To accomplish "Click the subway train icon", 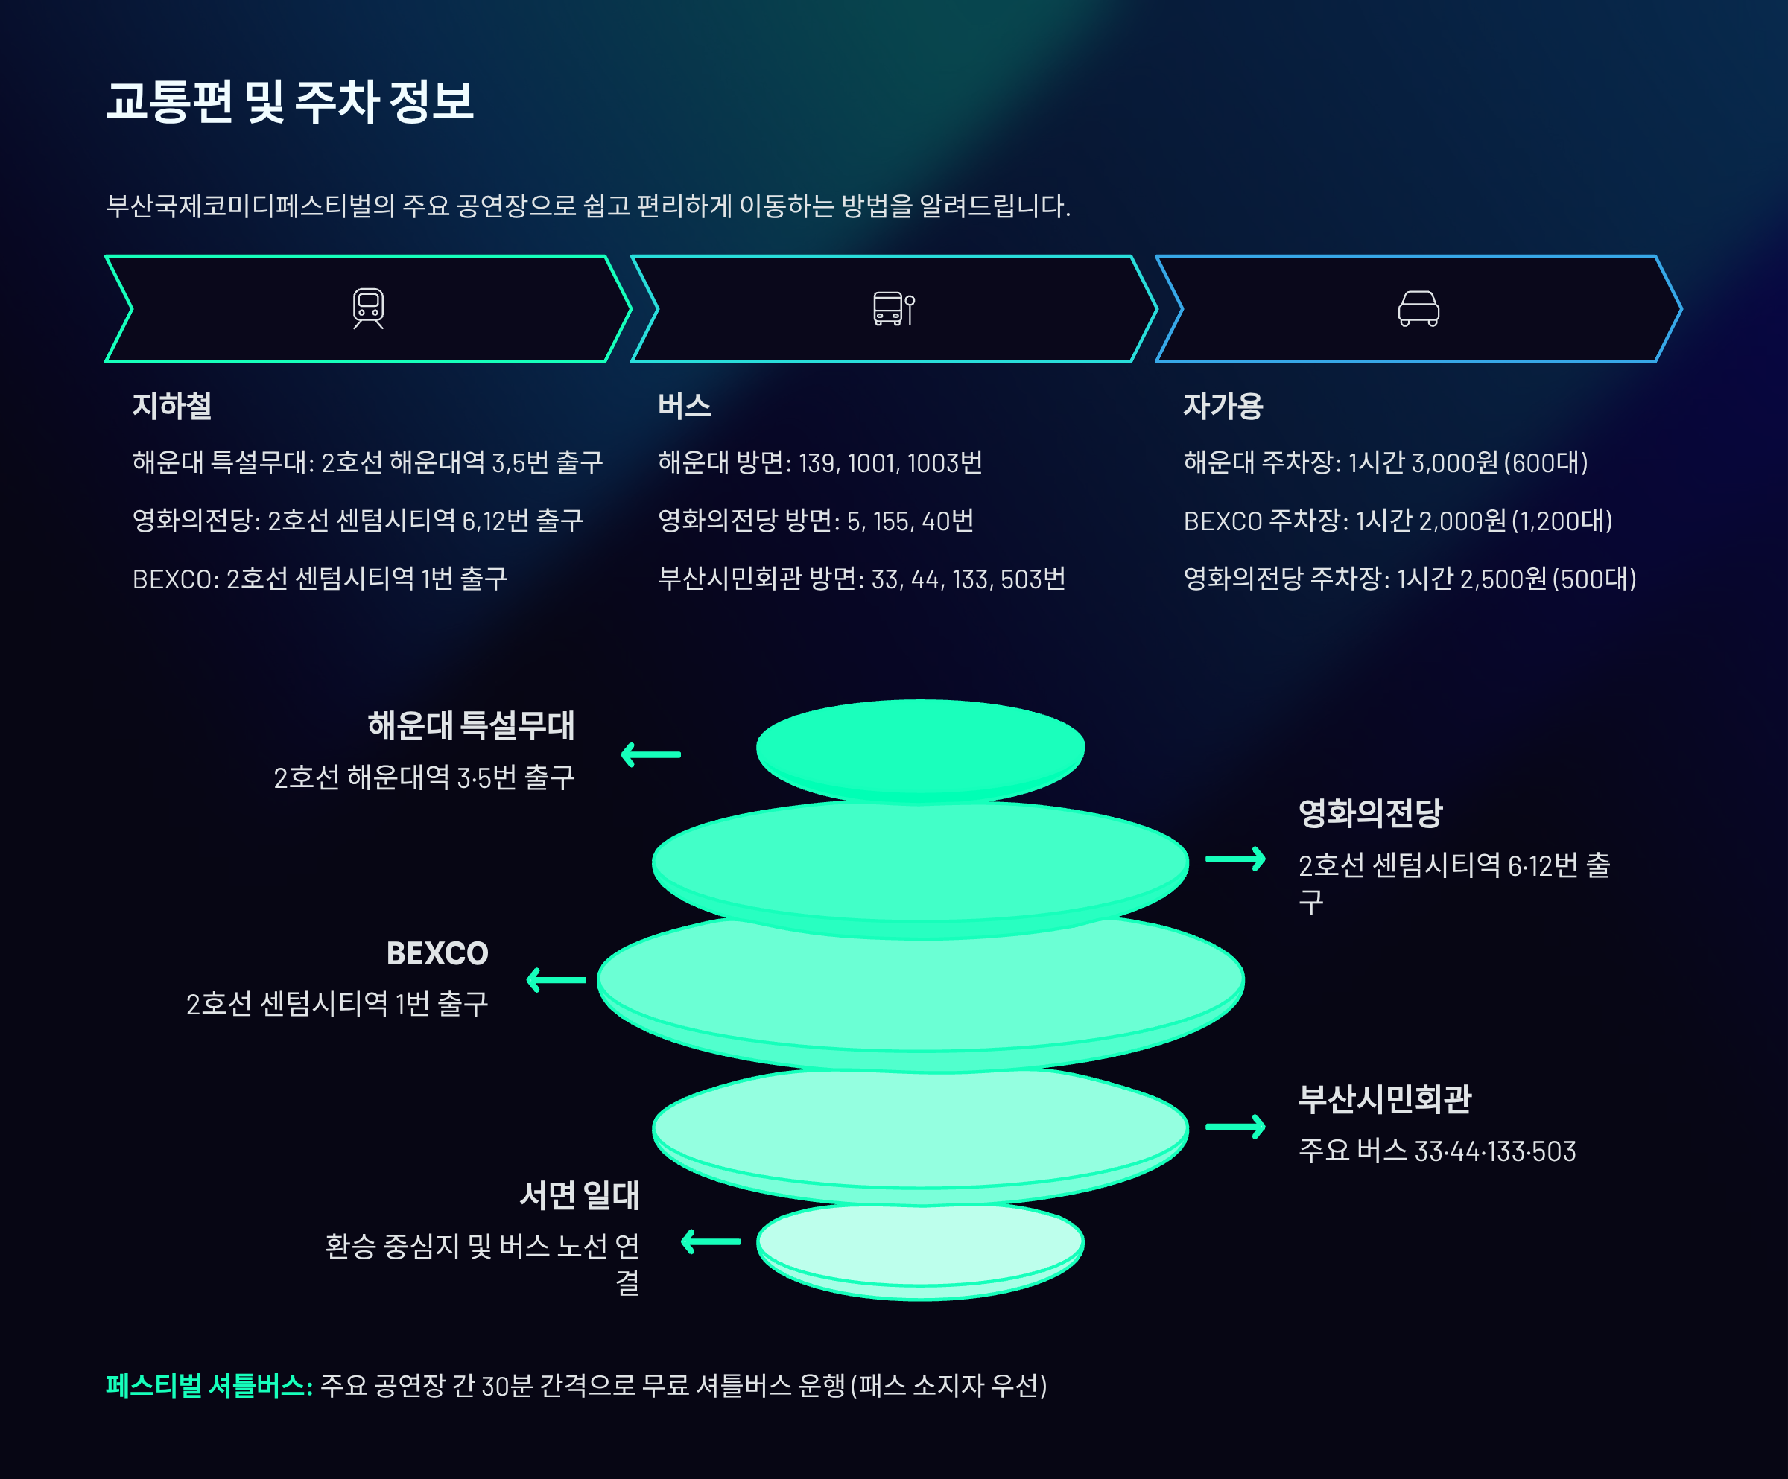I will coord(369,308).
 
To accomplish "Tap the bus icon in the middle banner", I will coord(894,309).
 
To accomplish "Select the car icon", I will coord(1418,309).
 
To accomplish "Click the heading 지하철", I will coord(172,406).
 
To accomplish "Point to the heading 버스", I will coord(684,406).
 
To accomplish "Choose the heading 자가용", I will coord(1223,406).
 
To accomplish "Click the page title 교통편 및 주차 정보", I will coord(290,102).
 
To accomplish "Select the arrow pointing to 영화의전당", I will coord(1235,859).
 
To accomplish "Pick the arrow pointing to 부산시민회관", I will coord(1235,1127).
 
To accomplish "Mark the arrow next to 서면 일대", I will coord(711,1242).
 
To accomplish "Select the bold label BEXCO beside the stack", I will coord(437,954).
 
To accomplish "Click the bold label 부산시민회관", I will coord(1384,1099).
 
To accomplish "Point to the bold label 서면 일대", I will coord(579,1195).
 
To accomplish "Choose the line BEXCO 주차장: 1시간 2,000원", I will coord(1397,521).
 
